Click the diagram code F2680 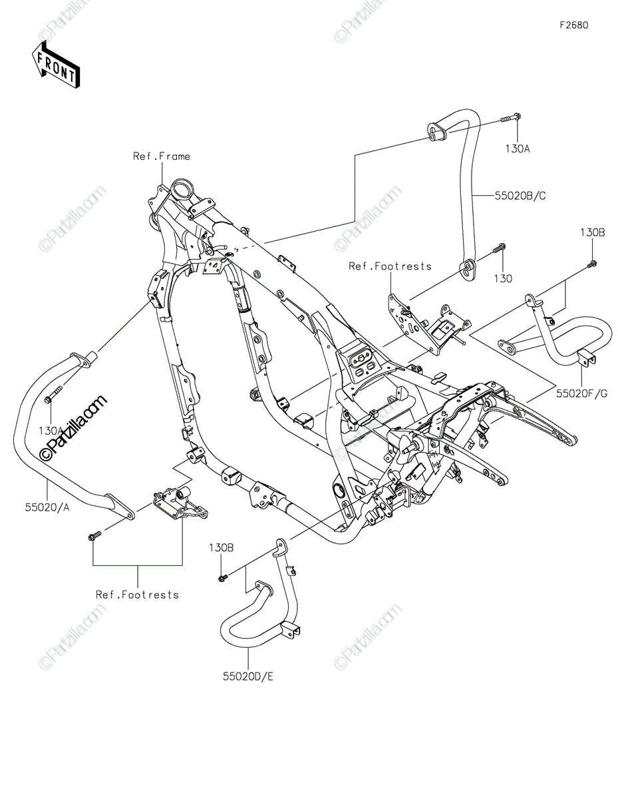pos(573,25)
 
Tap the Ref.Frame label pos(161,156)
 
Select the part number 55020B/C pos(520,196)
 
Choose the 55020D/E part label pos(249,676)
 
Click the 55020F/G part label pos(582,394)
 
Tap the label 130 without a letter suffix pos(503,279)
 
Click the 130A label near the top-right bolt pos(517,149)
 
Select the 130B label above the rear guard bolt pos(591,232)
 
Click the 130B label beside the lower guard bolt pos(220,547)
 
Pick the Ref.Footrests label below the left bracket pos(137,595)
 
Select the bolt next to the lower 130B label pos(223,577)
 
